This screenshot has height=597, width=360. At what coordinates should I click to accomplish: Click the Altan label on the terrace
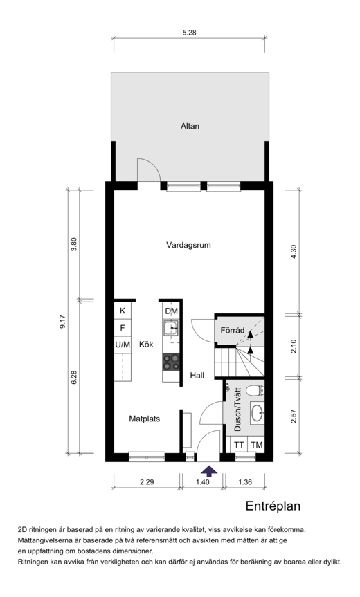pos(190,126)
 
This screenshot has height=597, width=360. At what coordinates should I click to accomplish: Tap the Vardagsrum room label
pos(188,245)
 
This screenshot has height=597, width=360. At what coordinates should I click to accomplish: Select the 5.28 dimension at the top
pos(189,33)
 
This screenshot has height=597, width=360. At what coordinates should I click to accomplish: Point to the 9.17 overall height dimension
pos(63,322)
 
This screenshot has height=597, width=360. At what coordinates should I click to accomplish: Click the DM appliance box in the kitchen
pos(172,311)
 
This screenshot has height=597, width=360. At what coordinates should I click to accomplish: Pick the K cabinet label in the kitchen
pos(123,311)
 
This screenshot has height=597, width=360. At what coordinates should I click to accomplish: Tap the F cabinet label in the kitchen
pos(123,327)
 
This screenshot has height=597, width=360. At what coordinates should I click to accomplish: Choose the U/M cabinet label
pos(123,345)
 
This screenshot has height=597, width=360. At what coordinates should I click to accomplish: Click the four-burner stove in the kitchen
pos(171,362)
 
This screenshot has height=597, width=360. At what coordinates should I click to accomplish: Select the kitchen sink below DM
pos(171,328)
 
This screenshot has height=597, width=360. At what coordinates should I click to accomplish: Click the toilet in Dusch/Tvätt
pos(255,390)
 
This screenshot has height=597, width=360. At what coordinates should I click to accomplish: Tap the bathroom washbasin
pos(257,412)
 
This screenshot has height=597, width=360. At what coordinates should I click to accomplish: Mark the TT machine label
pos(239,445)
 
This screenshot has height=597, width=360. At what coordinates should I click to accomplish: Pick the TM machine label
pos(257,445)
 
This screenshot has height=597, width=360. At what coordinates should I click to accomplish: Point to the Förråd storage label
pos(233,330)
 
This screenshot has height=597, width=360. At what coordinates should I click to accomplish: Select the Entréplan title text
pos(273,506)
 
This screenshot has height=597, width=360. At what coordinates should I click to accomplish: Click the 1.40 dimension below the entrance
pos(203,482)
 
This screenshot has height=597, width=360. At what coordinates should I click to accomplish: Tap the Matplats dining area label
pos(145,419)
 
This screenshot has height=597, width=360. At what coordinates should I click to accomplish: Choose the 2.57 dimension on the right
pos(294,416)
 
